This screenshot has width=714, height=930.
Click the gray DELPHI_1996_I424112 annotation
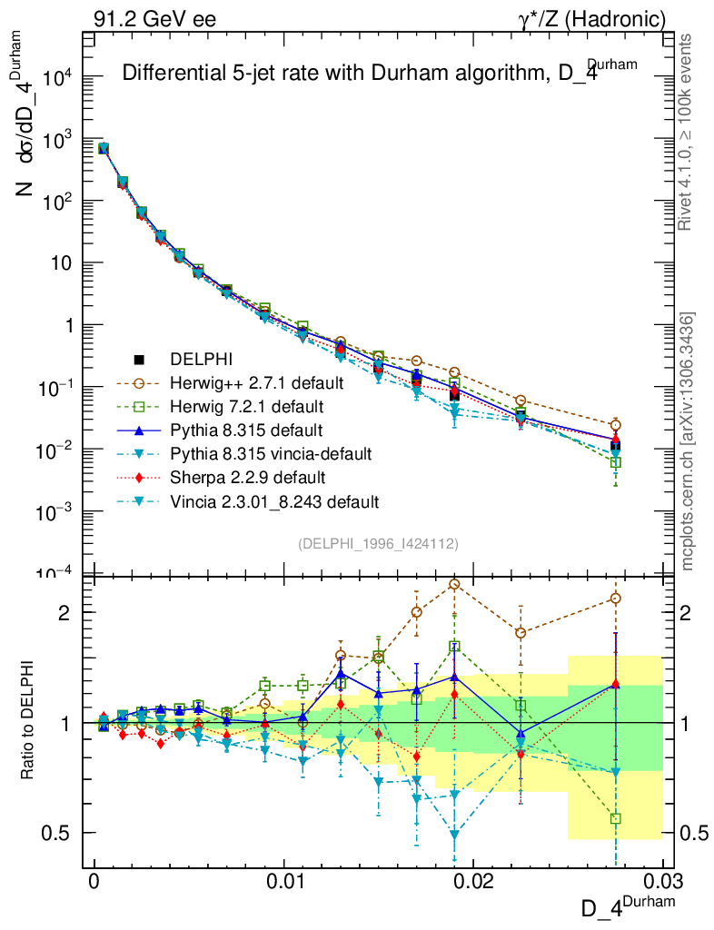[x=378, y=543]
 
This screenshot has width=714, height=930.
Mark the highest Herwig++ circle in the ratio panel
[x=454, y=584]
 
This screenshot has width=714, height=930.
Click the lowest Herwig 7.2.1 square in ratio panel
[x=616, y=819]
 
